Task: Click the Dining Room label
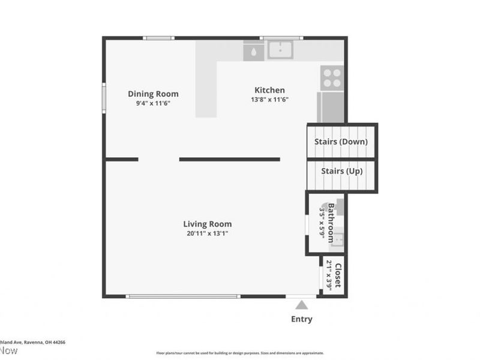click(x=153, y=94)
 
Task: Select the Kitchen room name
click(x=269, y=90)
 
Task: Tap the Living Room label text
click(x=207, y=224)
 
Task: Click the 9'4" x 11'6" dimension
click(x=153, y=103)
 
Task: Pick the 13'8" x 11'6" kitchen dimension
click(x=269, y=100)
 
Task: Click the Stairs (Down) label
click(x=341, y=142)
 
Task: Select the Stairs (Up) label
click(x=341, y=171)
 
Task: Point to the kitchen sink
click(x=280, y=50)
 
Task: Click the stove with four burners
click(x=332, y=78)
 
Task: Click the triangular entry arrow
click(x=301, y=305)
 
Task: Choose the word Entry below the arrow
click(x=301, y=319)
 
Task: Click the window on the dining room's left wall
click(x=104, y=98)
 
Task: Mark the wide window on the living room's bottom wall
click(x=183, y=296)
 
